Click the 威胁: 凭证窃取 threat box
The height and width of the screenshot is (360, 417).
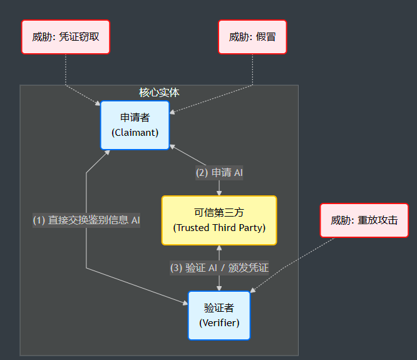pos(66,37)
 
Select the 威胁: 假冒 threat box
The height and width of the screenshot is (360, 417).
pos(252,37)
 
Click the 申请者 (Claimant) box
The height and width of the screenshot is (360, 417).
pos(135,125)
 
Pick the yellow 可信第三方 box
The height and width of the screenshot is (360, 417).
pos(219,220)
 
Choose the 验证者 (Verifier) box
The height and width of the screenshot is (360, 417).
pos(219,316)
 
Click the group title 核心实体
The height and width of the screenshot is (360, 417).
pos(159,93)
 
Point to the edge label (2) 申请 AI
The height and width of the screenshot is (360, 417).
pos(219,173)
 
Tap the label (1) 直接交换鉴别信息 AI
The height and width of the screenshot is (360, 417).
pos(86,220)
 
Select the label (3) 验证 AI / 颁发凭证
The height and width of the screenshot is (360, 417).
pos(219,268)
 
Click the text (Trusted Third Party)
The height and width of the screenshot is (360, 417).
pos(219,228)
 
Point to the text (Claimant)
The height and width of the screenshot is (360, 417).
pos(135,133)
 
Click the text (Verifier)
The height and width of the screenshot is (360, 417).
pos(219,323)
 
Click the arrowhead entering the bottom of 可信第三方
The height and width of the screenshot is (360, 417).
pos(219,249)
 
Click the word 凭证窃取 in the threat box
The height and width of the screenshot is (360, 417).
pos(79,37)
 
